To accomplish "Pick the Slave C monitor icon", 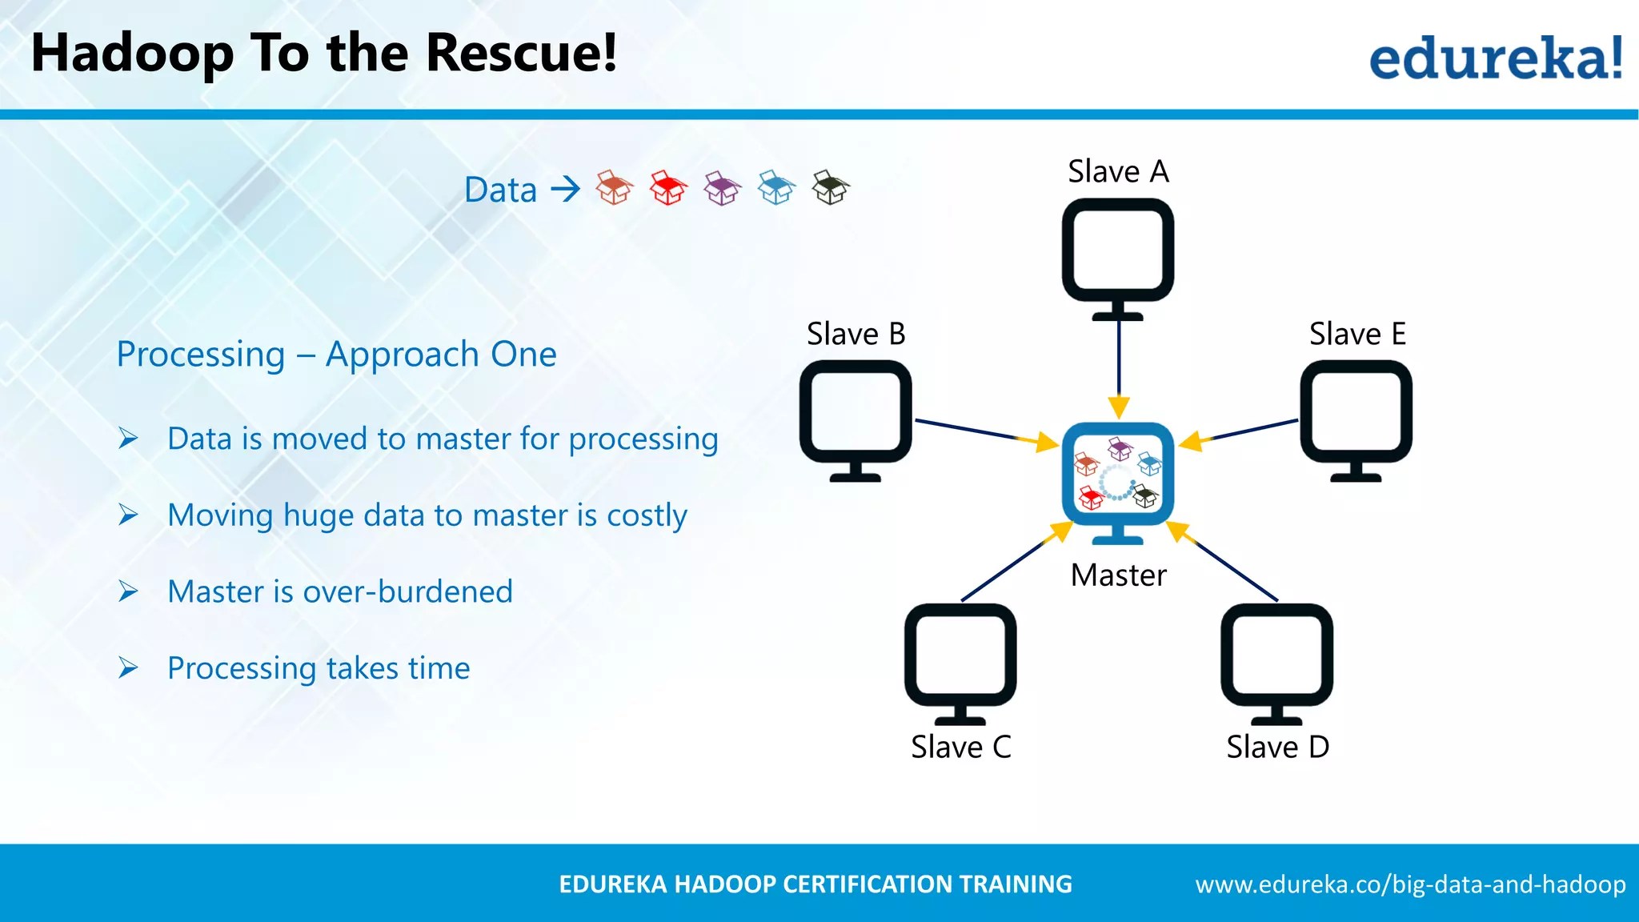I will (960, 660).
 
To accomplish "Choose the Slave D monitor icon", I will (1276, 660).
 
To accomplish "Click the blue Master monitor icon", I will (1118, 478).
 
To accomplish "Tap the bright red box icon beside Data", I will (668, 188).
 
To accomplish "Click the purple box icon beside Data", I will (722, 189).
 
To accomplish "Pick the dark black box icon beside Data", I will (830, 188).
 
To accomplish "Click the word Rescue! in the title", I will (521, 53).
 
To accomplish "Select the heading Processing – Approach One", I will (336, 354).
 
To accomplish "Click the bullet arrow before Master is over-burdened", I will (128, 591).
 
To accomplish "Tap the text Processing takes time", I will (319, 667).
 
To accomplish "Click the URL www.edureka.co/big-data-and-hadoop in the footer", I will (1410, 884).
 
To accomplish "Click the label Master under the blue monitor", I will (1118, 575).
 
